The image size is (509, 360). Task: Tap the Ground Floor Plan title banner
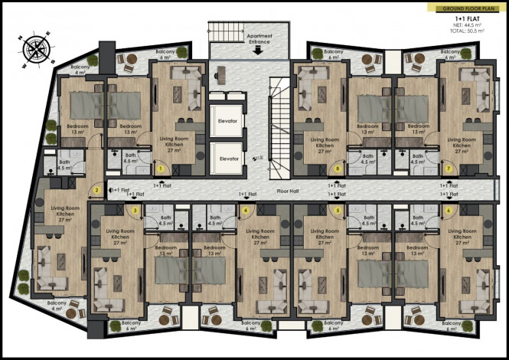(x=462, y=8)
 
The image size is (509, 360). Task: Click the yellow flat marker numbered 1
(x=162, y=169)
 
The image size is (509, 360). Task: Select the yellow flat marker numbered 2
(x=97, y=191)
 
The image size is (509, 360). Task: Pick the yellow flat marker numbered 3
(x=135, y=210)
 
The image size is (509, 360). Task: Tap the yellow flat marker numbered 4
(x=246, y=210)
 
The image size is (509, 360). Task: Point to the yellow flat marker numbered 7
(x=448, y=169)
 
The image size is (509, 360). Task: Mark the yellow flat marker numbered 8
(x=338, y=169)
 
